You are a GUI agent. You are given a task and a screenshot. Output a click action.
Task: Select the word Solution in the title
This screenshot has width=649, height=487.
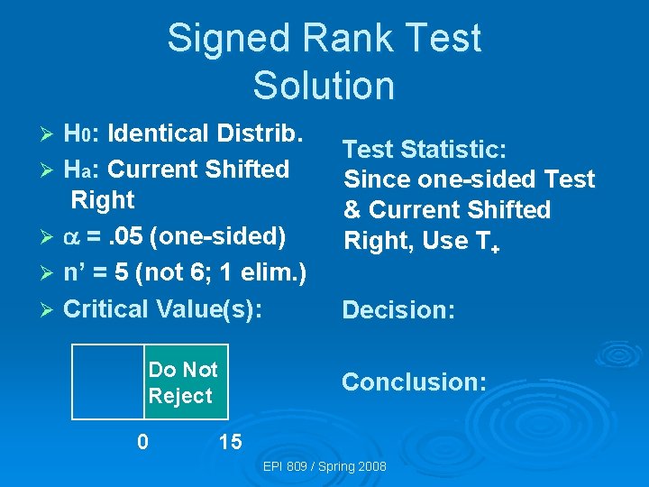coord(324,86)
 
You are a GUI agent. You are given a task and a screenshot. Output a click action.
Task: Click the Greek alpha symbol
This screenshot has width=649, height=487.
coord(73,236)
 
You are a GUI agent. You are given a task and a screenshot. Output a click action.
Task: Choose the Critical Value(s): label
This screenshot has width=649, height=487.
coord(162,308)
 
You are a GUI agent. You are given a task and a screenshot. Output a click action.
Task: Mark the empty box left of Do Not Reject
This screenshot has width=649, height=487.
coord(108,383)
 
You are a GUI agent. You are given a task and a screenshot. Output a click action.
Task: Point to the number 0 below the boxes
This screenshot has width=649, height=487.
coord(142,442)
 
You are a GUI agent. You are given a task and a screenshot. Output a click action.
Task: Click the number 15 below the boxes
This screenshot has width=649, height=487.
coord(230,442)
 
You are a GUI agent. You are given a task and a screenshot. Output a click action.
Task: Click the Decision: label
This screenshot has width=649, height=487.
coord(398,310)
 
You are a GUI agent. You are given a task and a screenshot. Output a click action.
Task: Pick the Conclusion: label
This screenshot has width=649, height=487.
coord(414,382)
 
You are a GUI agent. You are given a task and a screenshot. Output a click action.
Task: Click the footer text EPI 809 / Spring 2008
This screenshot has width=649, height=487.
coord(324,466)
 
